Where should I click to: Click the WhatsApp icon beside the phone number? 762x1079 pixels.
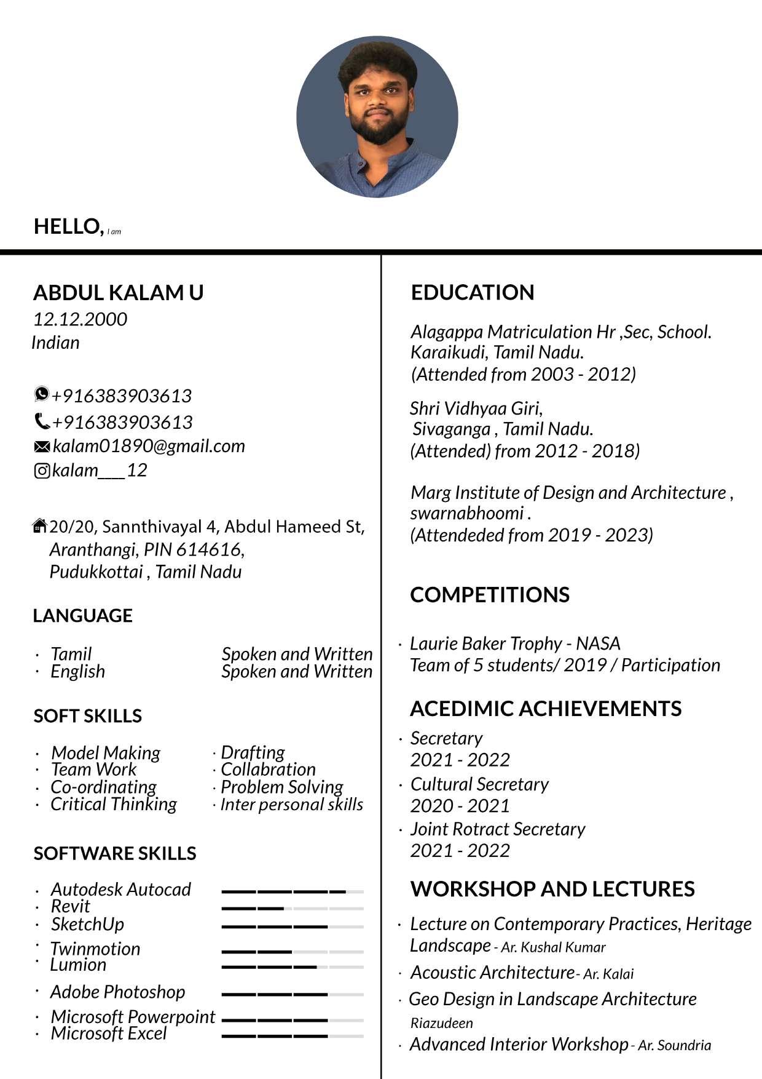(x=41, y=393)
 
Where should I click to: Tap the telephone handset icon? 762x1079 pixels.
(x=42, y=421)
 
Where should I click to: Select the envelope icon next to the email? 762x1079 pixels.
(x=42, y=447)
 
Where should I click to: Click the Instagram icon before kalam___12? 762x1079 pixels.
(x=42, y=471)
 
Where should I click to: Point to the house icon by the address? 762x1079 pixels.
(x=39, y=526)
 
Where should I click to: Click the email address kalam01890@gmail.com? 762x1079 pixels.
(x=149, y=446)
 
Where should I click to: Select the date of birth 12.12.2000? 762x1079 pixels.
(x=80, y=319)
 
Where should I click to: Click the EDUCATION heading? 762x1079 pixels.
(x=473, y=292)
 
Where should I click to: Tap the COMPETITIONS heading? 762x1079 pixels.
(x=490, y=595)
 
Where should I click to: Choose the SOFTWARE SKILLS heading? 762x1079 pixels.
(x=115, y=853)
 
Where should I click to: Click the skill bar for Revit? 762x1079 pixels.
(x=293, y=908)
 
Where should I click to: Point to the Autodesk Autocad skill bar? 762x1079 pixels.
(x=293, y=891)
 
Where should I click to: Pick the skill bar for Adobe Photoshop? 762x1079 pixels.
(x=293, y=994)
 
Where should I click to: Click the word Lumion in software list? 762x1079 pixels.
(x=78, y=965)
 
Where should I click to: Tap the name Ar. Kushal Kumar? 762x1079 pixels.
(x=553, y=947)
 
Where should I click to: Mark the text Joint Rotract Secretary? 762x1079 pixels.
(x=498, y=829)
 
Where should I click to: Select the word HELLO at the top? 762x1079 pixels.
(x=68, y=226)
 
